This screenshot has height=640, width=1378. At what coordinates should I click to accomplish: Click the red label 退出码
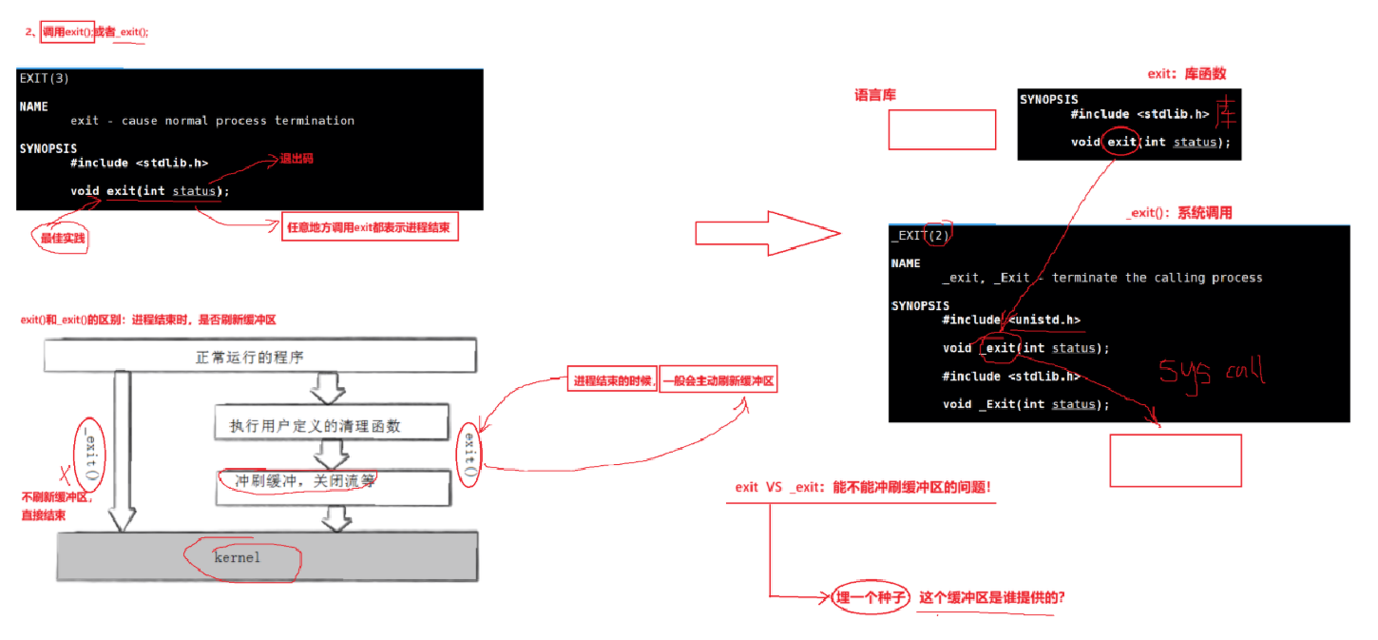coord(296,159)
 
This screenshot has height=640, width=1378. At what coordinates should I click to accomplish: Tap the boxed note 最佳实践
coord(63,238)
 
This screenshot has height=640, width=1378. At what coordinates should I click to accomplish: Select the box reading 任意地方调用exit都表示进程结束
coord(371,228)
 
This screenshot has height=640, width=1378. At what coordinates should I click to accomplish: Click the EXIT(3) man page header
coord(44,78)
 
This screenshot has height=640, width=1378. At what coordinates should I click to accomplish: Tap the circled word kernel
coord(238,557)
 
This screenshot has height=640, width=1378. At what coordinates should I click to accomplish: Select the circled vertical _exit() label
coord(89,451)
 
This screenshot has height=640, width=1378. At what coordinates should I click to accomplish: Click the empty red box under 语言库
coord(942,129)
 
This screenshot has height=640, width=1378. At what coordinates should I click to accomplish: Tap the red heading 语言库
coord(875,96)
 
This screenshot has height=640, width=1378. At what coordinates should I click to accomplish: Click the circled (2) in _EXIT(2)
coord(938,234)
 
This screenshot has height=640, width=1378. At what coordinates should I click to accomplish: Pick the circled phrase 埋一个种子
coord(869,598)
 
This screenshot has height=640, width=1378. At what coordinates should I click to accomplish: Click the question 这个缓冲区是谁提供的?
coord(990,598)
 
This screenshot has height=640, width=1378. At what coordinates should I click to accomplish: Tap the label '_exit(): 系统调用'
coord(1178,213)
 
